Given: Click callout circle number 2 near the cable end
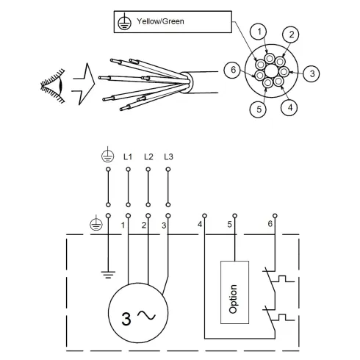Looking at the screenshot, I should click(x=291, y=35).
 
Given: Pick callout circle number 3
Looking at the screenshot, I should click(x=313, y=73).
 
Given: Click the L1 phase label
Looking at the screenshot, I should click(x=128, y=157).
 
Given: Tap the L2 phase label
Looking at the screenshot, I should click(x=148, y=157).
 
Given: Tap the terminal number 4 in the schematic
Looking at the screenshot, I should click(x=200, y=223).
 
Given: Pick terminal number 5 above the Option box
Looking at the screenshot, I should click(x=229, y=223).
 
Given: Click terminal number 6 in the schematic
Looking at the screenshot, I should click(x=270, y=223).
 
